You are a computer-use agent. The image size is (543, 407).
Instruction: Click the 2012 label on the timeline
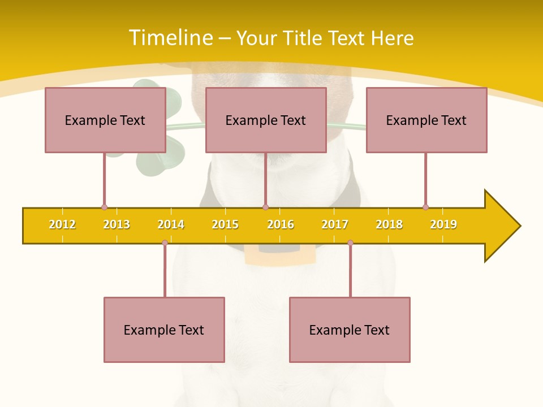(x=62, y=224)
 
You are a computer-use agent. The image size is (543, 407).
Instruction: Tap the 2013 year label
(x=117, y=224)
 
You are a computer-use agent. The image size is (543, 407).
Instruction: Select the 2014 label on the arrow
(x=171, y=224)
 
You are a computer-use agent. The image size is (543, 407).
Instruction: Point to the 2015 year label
(x=225, y=224)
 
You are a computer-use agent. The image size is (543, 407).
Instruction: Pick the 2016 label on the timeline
(x=281, y=224)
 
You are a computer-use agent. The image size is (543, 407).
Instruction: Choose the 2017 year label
(x=335, y=224)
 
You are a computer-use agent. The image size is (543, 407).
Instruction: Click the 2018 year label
(x=389, y=224)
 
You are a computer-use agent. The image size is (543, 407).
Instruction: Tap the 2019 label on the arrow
(x=443, y=224)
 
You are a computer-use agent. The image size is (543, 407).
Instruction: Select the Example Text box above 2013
(x=105, y=120)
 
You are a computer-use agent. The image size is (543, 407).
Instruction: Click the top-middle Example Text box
(x=266, y=120)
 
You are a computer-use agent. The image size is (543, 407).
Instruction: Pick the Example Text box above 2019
(x=426, y=120)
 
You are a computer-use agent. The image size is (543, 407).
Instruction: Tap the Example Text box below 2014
(x=164, y=330)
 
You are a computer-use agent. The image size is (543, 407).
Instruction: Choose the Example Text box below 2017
(x=350, y=330)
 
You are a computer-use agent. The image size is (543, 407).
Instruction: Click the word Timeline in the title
(x=171, y=38)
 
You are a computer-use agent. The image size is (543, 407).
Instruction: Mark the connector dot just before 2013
(x=104, y=207)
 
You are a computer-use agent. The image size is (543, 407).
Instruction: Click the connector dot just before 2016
(x=265, y=207)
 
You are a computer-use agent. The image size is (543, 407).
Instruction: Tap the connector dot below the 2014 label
(x=165, y=243)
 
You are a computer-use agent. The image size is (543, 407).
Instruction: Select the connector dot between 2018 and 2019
(x=425, y=207)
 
